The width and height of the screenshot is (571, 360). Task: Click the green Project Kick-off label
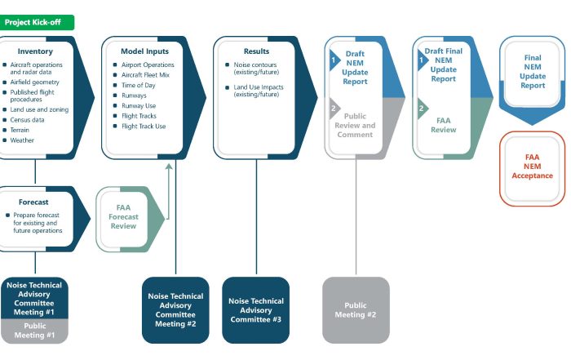point(37,22)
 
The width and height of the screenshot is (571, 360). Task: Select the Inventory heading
point(35,51)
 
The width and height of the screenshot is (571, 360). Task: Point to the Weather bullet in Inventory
point(23,140)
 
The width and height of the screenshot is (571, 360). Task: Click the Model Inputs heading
point(140,51)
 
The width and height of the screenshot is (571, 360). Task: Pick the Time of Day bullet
point(139,85)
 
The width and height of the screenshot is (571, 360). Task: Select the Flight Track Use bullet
point(144,127)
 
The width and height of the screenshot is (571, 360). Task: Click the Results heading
point(256,51)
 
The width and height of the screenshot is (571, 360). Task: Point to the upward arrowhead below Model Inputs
point(170,167)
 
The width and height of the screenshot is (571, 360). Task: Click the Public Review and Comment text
point(356,125)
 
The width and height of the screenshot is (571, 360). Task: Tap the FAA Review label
point(444,125)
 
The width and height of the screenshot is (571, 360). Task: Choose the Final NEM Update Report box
point(533,72)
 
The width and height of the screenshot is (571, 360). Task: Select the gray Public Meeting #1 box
point(34,330)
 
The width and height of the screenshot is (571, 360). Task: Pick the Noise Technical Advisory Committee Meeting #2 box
point(175,310)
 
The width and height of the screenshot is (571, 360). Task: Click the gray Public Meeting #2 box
point(356,310)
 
